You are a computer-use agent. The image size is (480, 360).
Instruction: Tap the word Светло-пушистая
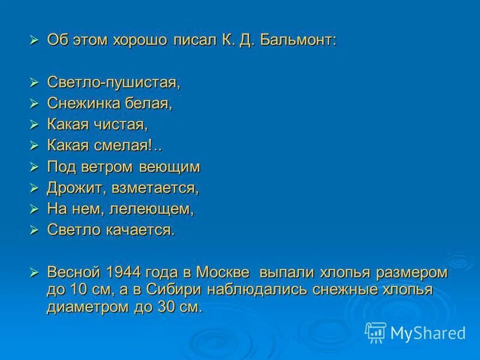click(x=113, y=82)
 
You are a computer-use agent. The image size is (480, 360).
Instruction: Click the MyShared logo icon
click(x=376, y=332)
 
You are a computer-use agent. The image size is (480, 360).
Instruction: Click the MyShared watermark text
click(x=428, y=333)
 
